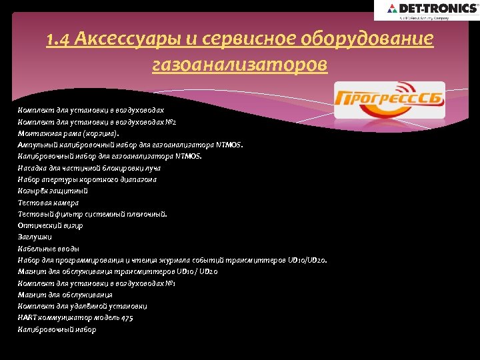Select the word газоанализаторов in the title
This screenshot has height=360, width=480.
tap(240, 65)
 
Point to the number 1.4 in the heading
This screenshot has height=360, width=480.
tap(59, 41)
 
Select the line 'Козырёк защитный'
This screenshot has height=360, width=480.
tap(53, 190)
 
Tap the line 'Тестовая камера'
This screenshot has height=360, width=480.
tap(49, 202)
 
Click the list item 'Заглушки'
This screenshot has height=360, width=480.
tap(35, 237)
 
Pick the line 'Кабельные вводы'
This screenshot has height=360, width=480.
tap(49, 248)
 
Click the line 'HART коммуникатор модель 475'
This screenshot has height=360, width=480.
tap(75, 317)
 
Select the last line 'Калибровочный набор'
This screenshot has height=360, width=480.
tap(57, 329)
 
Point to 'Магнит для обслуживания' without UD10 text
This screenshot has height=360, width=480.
tap(65, 294)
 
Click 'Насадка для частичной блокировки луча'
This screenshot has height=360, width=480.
tap(89, 167)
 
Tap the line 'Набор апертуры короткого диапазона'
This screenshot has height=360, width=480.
tap(87, 179)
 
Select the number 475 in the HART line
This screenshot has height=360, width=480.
tap(126, 317)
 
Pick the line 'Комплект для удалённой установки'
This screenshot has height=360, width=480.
tap(83, 306)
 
